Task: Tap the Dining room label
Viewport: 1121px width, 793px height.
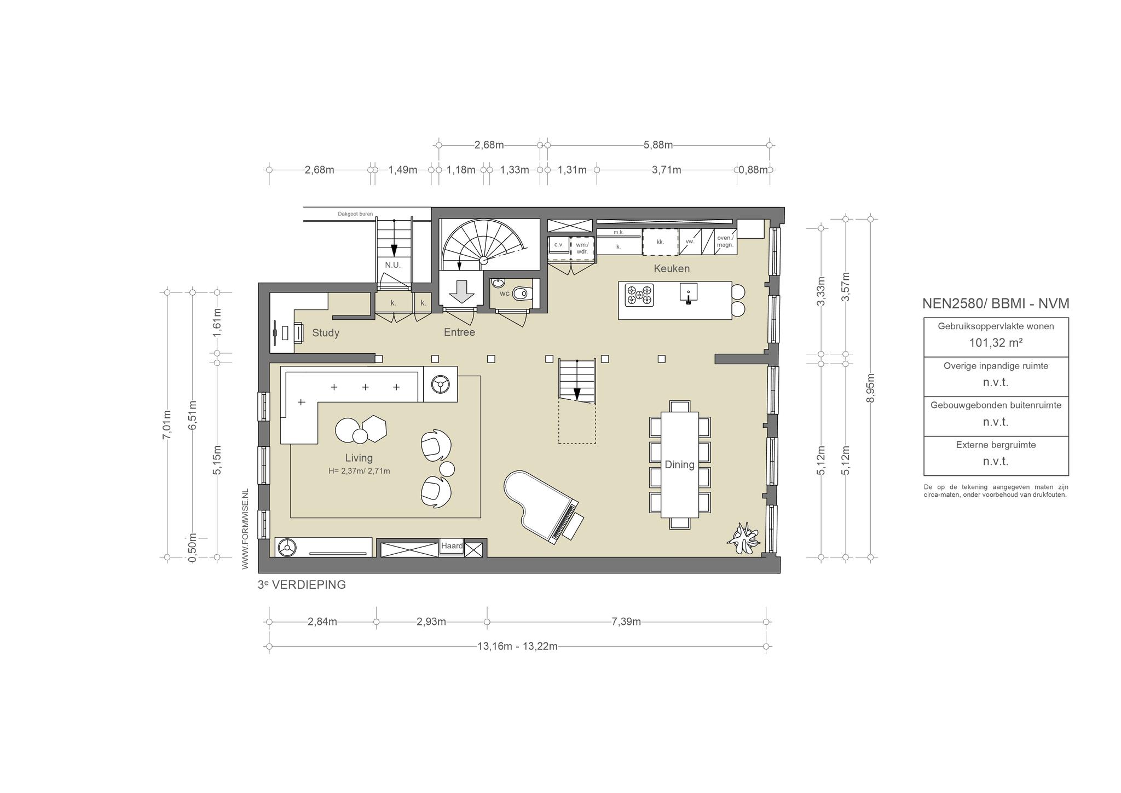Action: click(x=679, y=464)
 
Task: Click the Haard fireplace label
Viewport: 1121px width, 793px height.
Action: click(x=452, y=546)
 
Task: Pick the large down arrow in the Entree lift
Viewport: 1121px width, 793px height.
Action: click(x=461, y=291)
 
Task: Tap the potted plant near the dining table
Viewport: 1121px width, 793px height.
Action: click(x=743, y=538)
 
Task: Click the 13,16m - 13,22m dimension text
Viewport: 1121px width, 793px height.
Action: click(x=517, y=646)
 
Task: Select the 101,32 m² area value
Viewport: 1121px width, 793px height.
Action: click(x=996, y=343)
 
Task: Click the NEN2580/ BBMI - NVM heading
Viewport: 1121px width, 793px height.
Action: click(x=996, y=304)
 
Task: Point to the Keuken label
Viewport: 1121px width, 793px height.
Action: click(x=672, y=268)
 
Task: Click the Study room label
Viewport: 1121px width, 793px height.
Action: click(x=326, y=333)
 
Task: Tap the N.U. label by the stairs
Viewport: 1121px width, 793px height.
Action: click(x=393, y=265)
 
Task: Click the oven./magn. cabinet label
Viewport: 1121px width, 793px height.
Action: click(x=725, y=242)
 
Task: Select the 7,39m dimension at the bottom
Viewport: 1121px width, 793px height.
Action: click(x=626, y=622)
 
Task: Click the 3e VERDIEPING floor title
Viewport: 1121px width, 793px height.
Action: click(x=302, y=585)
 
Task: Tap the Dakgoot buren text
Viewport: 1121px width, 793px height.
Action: click(x=355, y=214)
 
